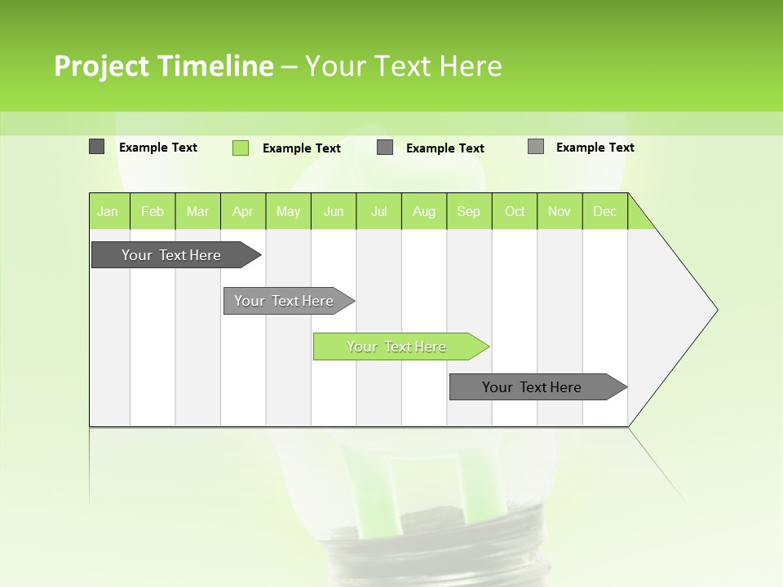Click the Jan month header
click(108, 211)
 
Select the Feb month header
click(153, 211)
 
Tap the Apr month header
click(243, 211)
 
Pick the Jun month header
click(334, 211)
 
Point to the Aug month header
click(424, 211)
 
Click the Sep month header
click(469, 211)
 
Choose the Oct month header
click(515, 211)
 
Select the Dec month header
click(605, 211)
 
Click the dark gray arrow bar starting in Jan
click(172, 255)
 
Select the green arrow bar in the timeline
click(397, 346)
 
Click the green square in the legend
click(241, 148)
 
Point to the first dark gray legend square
click(97, 147)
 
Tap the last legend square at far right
click(536, 147)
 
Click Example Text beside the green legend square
click(302, 148)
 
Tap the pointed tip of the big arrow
click(715, 310)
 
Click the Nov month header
click(560, 211)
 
